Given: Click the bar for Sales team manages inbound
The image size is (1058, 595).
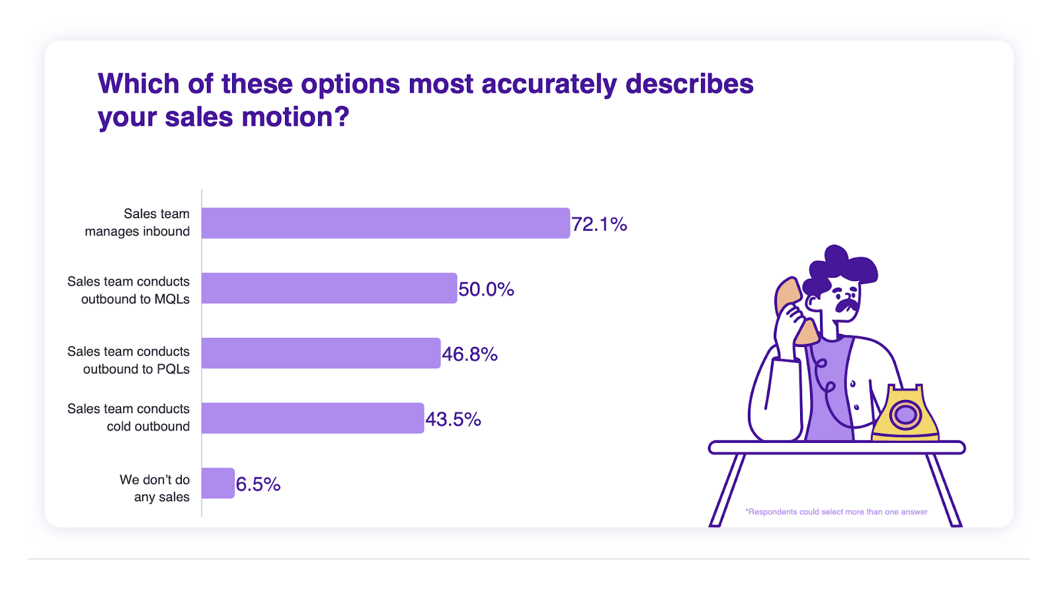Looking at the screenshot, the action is tap(386, 223).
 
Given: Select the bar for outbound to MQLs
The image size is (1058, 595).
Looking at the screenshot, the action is tap(329, 288).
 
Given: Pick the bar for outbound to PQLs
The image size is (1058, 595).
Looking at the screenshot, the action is tap(321, 353).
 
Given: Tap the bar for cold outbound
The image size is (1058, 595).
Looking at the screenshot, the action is tap(313, 418).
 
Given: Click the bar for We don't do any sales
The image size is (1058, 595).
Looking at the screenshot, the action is tap(218, 483).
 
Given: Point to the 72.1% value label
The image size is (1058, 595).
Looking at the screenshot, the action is tap(599, 224).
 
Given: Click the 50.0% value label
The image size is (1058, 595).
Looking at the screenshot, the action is tap(486, 289).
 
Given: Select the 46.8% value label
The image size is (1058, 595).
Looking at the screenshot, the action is tap(469, 354).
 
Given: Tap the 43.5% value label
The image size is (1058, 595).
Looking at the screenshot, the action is tap(453, 419).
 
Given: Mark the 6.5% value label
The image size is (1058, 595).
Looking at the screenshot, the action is tap(258, 484).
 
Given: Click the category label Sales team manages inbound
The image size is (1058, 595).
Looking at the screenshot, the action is tap(138, 222).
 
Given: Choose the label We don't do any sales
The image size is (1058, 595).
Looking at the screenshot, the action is tap(155, 489).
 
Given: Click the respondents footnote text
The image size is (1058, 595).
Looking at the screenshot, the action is tap(836, 512).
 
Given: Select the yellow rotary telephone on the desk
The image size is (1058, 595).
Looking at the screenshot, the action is tap(905, 413).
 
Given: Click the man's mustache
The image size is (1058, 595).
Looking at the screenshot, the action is tap(847, 305).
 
